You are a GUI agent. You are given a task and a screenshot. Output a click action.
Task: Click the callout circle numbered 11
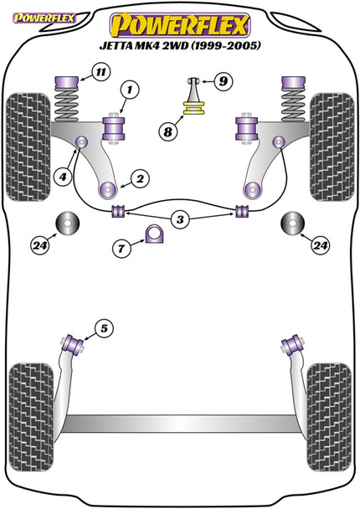101,72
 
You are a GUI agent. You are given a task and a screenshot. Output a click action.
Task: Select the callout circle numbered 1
130,90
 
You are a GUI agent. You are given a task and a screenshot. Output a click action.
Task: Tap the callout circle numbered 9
223,81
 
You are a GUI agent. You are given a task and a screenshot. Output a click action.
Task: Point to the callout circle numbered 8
167,131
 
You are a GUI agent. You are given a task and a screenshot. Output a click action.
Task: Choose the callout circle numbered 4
63,177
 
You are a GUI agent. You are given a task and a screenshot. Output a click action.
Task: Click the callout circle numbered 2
140,179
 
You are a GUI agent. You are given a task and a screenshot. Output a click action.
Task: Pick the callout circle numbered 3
180,219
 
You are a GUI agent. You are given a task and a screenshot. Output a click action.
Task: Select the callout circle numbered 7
121,249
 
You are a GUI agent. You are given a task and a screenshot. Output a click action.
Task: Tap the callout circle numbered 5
104,328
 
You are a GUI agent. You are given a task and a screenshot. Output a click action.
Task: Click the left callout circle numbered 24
40,246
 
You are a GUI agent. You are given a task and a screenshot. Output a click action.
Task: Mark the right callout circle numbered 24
320,246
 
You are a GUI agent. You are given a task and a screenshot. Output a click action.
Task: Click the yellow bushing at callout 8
193,109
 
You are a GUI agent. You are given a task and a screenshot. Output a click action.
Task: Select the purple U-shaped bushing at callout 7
154,234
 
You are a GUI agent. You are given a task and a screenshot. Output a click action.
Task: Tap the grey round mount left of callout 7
68,224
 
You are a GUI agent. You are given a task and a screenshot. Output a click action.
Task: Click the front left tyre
28,147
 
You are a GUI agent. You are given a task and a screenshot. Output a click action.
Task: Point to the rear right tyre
329,418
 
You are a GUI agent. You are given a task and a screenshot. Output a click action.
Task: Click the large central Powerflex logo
180,26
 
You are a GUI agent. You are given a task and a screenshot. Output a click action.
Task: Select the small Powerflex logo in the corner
44,18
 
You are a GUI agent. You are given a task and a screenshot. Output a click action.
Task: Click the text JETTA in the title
115,45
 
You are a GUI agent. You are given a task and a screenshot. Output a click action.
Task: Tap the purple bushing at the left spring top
67,82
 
